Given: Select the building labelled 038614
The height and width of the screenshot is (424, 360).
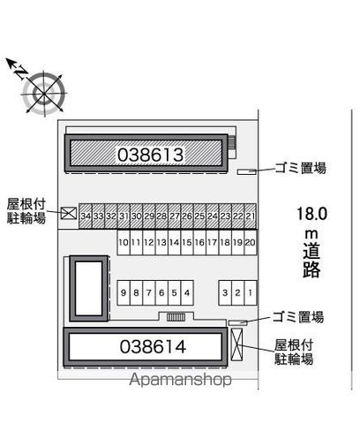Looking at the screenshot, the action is (146, 347).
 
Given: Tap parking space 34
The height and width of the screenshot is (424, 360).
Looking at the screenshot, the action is (86, 216).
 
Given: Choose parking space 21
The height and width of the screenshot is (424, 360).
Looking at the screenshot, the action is (251, 216).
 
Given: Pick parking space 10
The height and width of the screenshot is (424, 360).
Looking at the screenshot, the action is (124, 242).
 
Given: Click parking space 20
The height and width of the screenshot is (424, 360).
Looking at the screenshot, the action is (251, 242).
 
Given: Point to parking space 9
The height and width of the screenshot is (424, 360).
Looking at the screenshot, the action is (124, 292).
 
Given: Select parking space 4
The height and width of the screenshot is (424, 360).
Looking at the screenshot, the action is (187, 292).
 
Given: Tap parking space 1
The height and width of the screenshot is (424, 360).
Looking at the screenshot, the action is (251, 292).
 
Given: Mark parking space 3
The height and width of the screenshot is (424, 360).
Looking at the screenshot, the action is (225, 292).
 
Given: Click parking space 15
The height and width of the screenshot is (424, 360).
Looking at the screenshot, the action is (187, 242).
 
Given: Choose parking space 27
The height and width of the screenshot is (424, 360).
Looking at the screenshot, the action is (175, 216).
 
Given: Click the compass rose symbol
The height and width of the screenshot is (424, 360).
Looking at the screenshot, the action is (44, 94).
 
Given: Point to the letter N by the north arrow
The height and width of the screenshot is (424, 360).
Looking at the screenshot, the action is (21, 72).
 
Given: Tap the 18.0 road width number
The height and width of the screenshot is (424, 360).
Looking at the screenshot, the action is (311, 214).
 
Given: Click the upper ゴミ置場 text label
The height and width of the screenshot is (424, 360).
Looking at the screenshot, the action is (300, 168).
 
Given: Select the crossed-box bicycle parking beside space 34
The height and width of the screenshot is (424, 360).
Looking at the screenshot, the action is (69, 213).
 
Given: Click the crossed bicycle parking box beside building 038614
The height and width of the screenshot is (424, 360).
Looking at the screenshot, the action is (236, 344).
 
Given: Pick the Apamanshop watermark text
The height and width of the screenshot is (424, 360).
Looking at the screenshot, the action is (180, 380).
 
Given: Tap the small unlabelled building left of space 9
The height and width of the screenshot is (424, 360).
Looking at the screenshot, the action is (88, 288).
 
